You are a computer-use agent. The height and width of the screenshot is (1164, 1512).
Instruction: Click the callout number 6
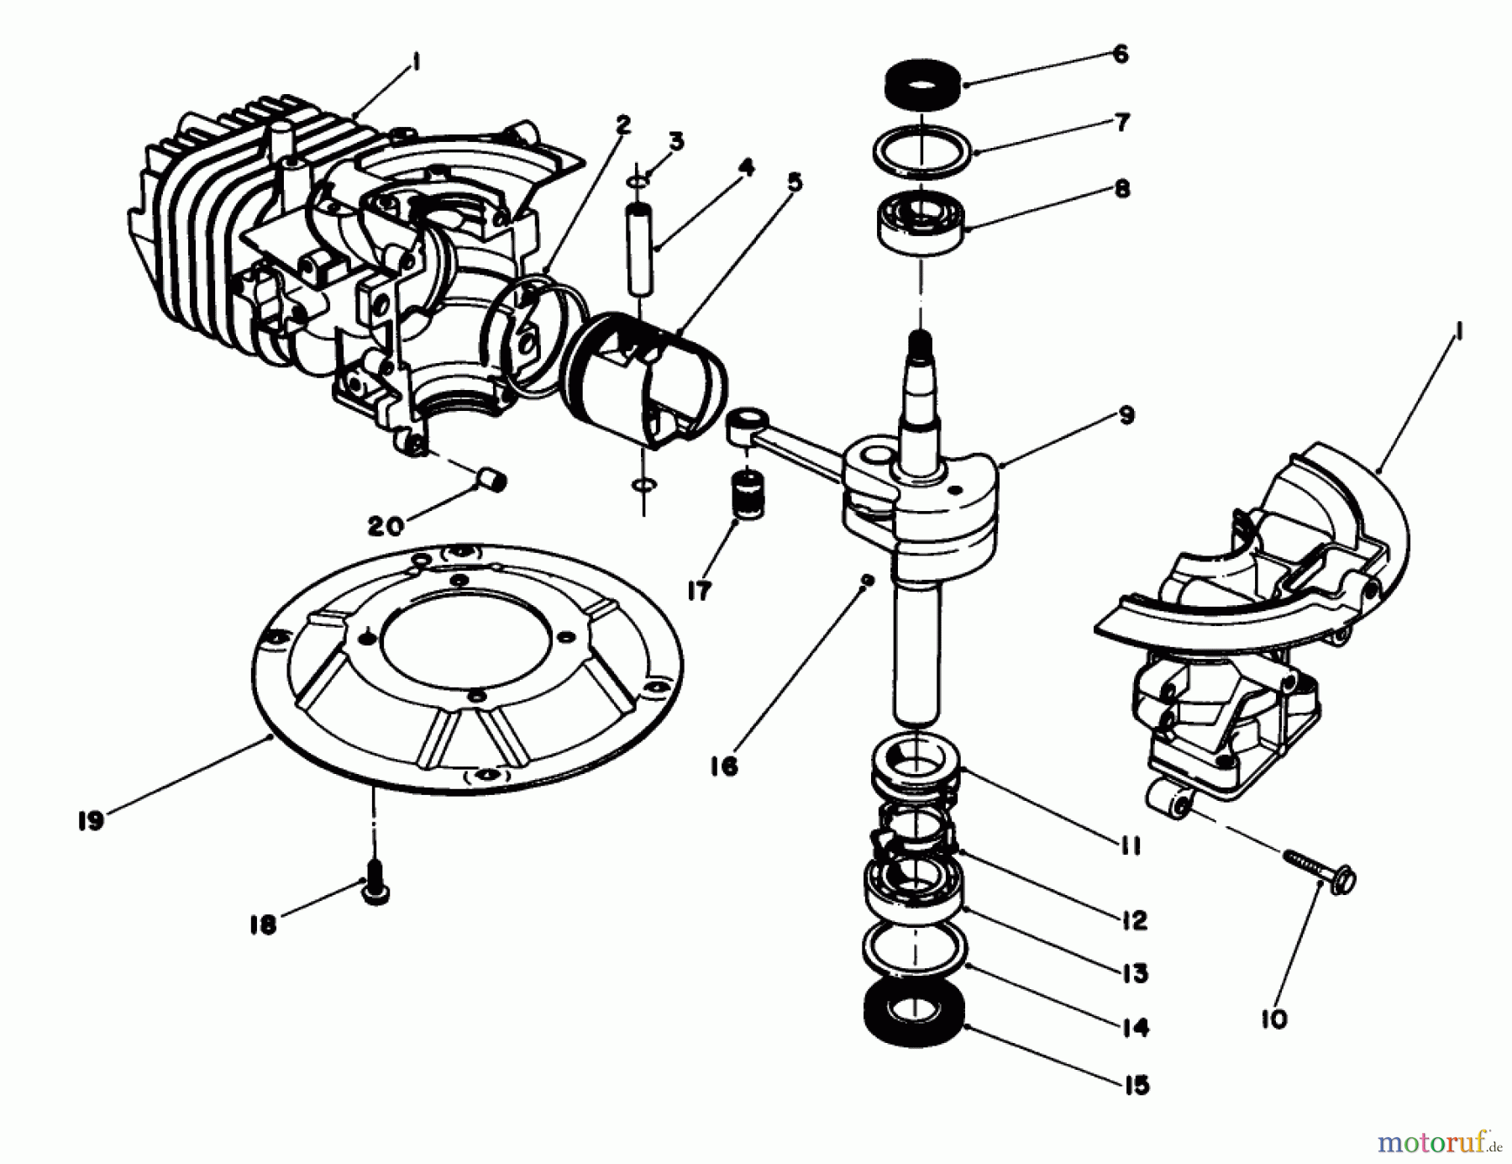click(x=1121, y=55)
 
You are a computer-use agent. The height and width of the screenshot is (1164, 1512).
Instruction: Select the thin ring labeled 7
click(x=922, y=152)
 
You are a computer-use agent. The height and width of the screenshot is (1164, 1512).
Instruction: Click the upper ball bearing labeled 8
click(x=921, y=222)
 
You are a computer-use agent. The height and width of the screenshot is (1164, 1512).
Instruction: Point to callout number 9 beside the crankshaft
click(x=1126, y=415)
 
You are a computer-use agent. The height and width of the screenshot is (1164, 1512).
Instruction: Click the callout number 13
click(x=1134, y=973)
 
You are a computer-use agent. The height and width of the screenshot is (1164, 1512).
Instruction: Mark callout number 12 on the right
click(x=1134, y=920)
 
